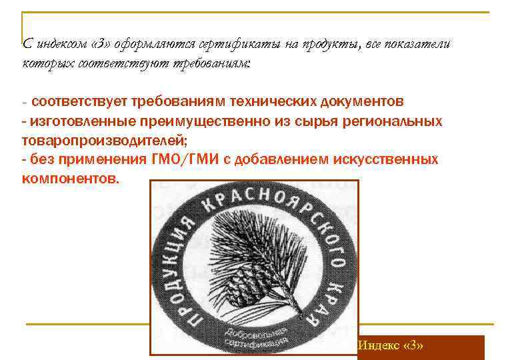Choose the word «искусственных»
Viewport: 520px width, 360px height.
click(x=386, y=160)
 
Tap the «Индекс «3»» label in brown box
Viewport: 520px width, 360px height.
click(x=391, y=347)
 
